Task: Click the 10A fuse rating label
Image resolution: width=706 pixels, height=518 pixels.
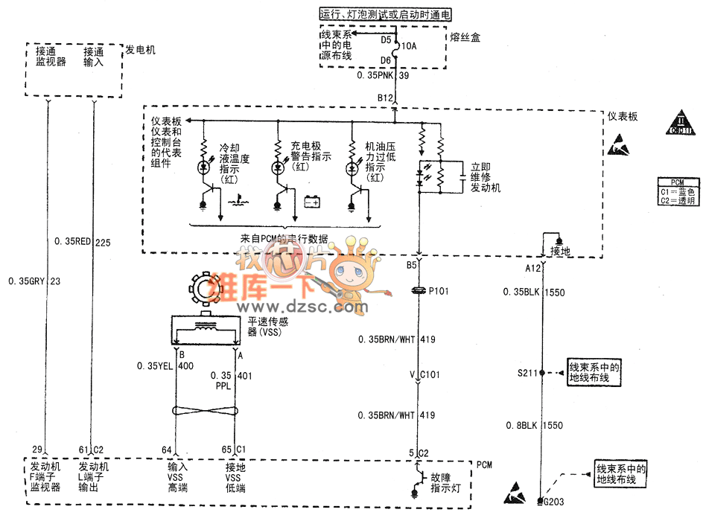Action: (410, 46)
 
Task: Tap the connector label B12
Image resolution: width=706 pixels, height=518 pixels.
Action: (384, 98)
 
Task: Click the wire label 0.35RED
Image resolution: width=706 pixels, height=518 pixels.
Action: (74, 241)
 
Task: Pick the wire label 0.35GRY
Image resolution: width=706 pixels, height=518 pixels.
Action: (27, 281)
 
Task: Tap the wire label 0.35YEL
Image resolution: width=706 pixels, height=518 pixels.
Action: (155, 365)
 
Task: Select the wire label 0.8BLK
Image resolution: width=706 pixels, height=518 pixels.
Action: (521, 425)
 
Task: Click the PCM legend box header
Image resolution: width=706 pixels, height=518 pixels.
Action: (677, 182)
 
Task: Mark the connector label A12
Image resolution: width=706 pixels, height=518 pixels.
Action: (532, 268)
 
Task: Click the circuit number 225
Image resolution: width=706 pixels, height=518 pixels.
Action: (103, 241)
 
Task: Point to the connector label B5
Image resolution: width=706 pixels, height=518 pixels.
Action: (411, 265)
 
